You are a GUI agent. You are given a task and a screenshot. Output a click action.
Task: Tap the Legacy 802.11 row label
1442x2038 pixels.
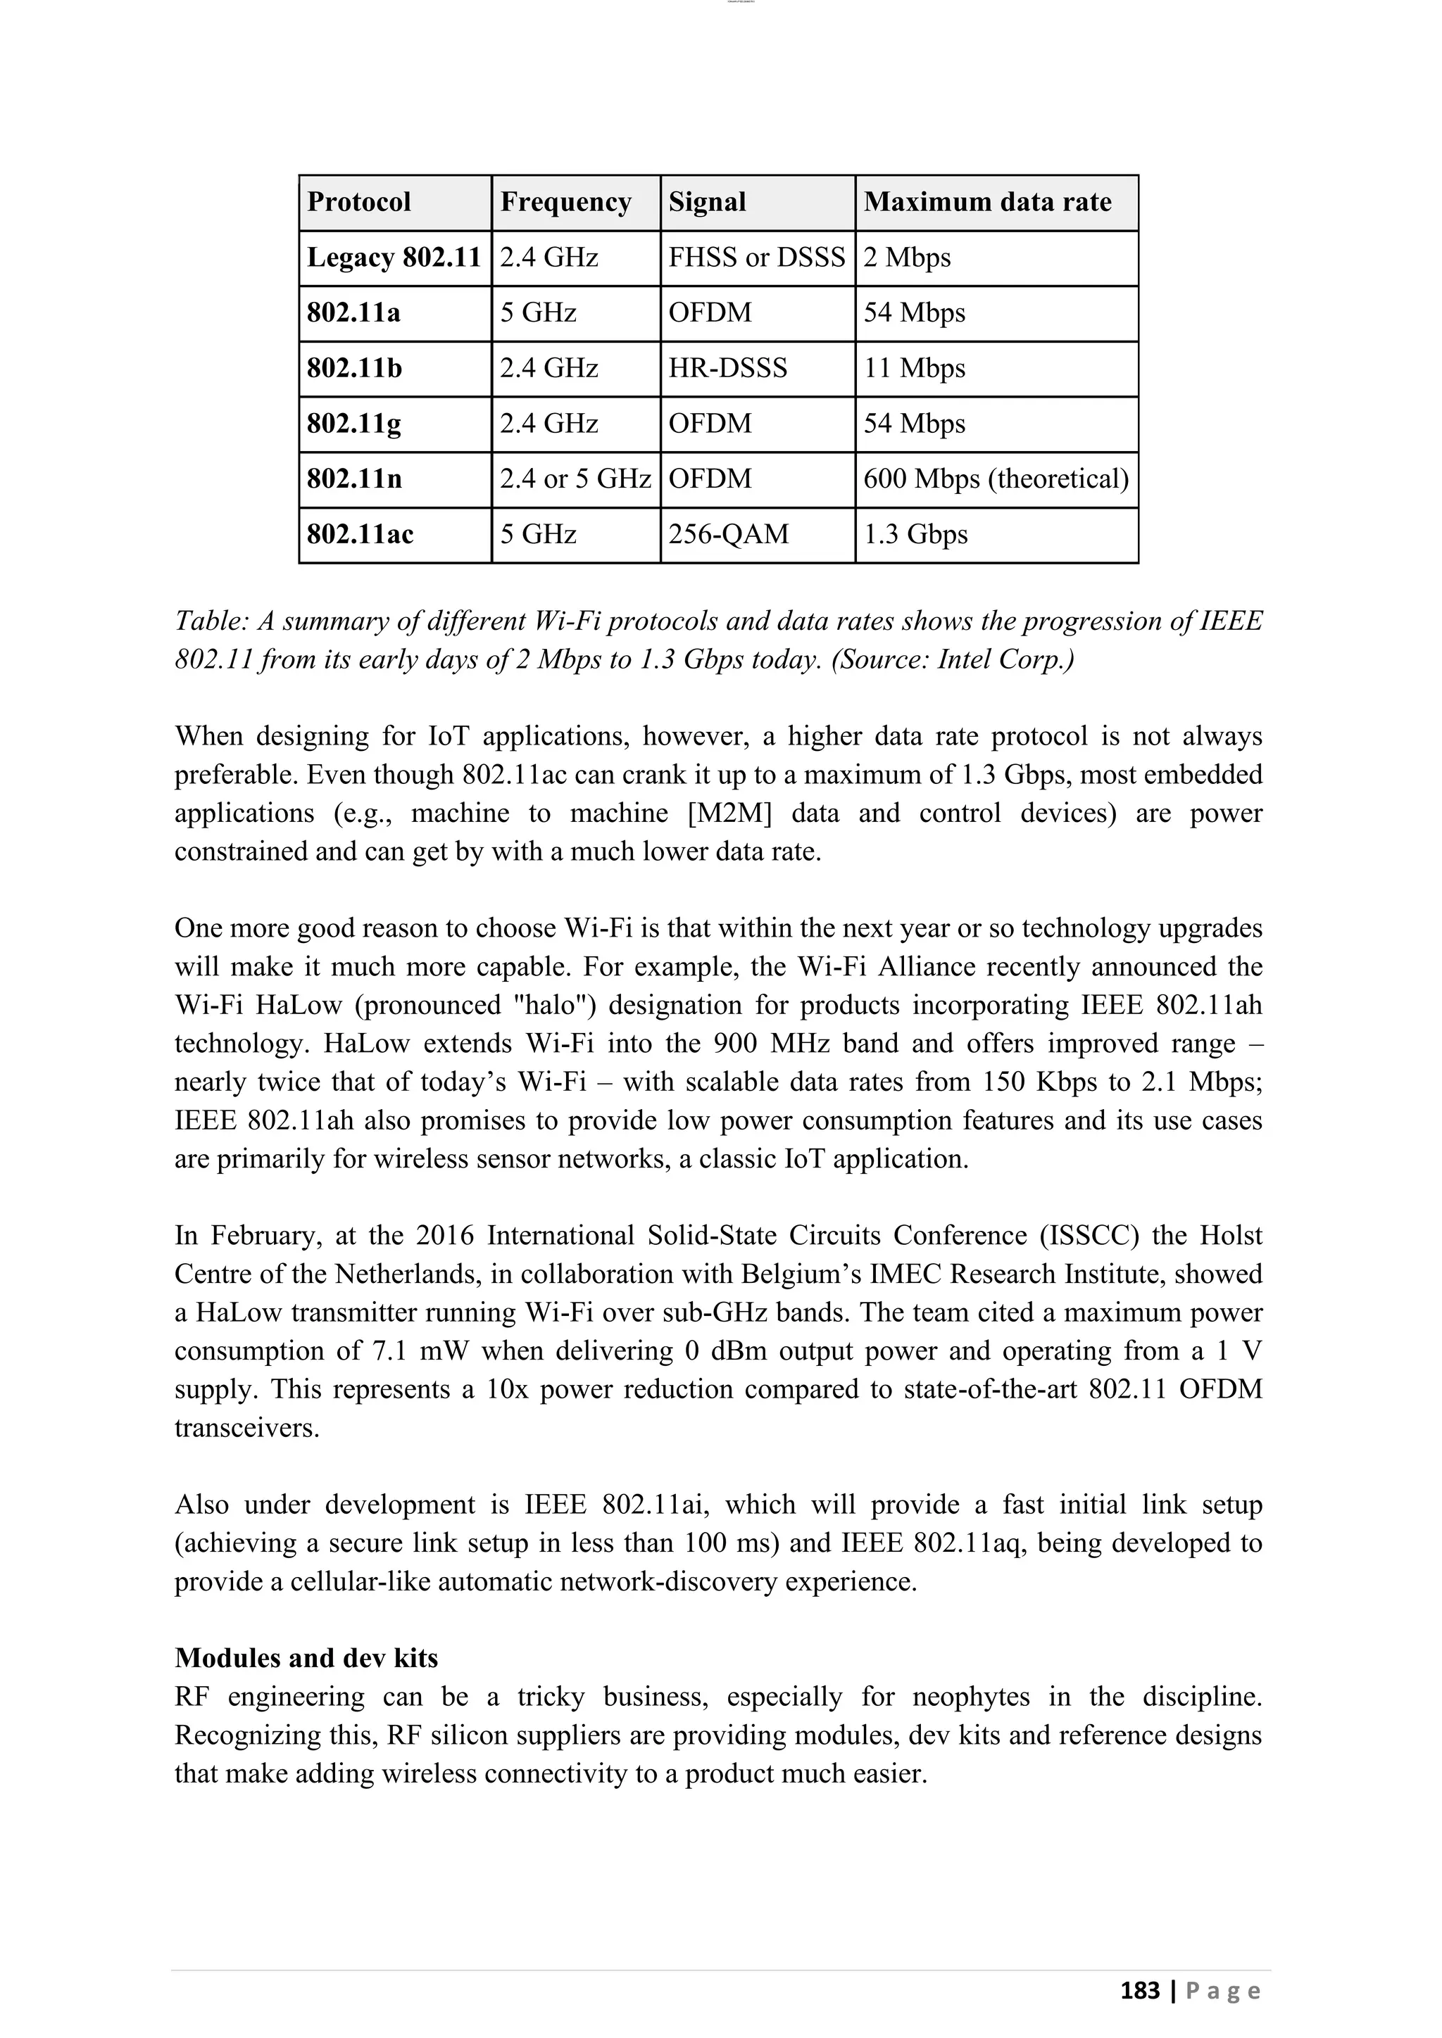click(394, 258)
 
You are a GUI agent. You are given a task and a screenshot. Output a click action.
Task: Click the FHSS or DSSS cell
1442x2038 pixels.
click(756, 258)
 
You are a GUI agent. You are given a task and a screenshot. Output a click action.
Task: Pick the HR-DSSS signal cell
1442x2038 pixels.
click(727, 368)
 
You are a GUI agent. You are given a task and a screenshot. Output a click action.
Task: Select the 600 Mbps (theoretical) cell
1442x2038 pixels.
click(996, 479)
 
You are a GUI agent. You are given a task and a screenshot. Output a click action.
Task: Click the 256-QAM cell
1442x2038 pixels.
click(728, 534)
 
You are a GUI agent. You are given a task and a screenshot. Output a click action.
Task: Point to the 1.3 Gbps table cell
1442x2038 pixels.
click(915, 534)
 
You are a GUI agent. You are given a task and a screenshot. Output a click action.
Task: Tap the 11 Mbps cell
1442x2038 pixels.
click(914, 368)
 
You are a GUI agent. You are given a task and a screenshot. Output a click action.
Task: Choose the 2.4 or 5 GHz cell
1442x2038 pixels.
click(575, 479)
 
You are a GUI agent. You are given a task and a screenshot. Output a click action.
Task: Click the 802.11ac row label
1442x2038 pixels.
click(360, 534)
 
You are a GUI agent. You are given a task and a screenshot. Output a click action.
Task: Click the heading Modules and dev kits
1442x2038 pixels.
click(306, 1658)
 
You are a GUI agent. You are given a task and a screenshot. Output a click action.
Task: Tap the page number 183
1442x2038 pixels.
click(1139, 1991)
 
